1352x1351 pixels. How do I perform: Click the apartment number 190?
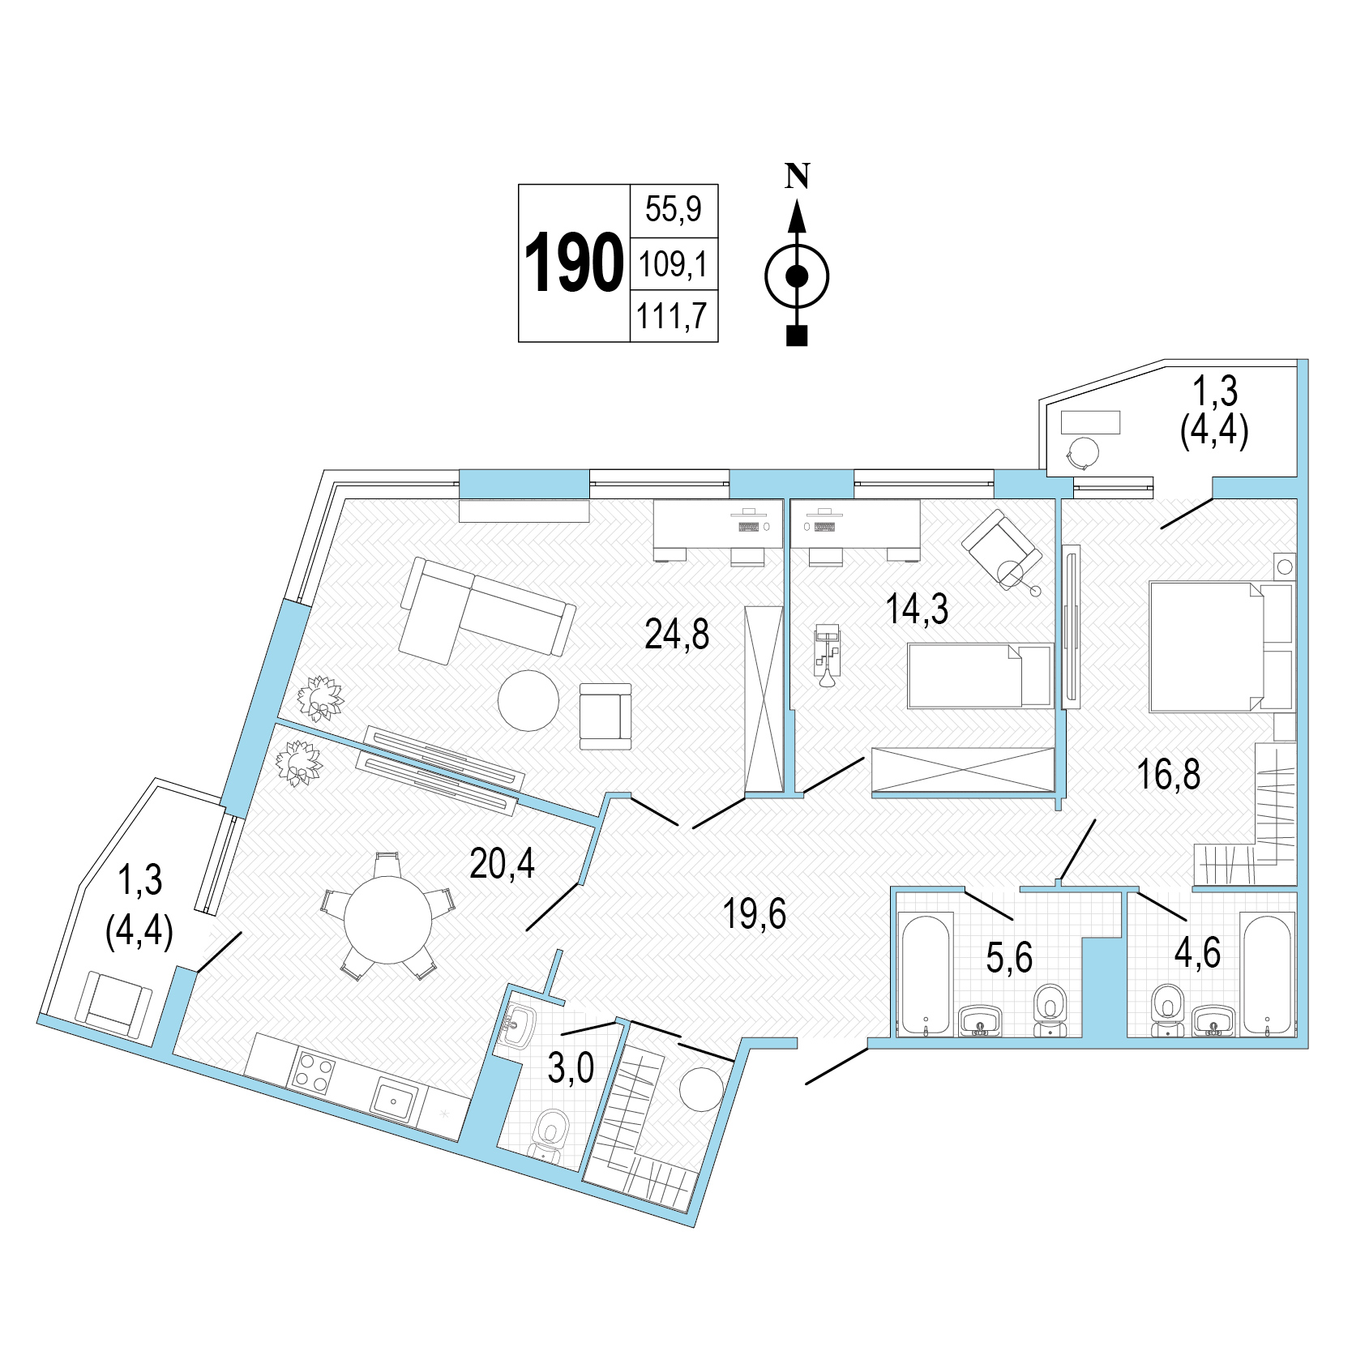point(574,263)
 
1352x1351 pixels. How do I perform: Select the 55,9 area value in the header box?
point(674,210)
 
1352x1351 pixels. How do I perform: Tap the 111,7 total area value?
point(673,316)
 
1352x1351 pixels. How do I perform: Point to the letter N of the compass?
point(797,176)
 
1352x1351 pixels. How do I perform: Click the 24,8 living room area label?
point(677,634)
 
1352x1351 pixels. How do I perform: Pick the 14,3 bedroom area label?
point(917,609)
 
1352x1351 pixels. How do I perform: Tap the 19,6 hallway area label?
point(755,914)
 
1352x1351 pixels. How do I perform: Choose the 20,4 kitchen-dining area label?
point(503,864)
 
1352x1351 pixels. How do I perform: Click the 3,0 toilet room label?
point(571,1069)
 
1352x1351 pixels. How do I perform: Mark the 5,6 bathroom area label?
point(1009,958)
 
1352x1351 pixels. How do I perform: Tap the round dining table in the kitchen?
point(388,919)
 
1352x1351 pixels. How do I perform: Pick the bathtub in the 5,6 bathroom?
point(925,974)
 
